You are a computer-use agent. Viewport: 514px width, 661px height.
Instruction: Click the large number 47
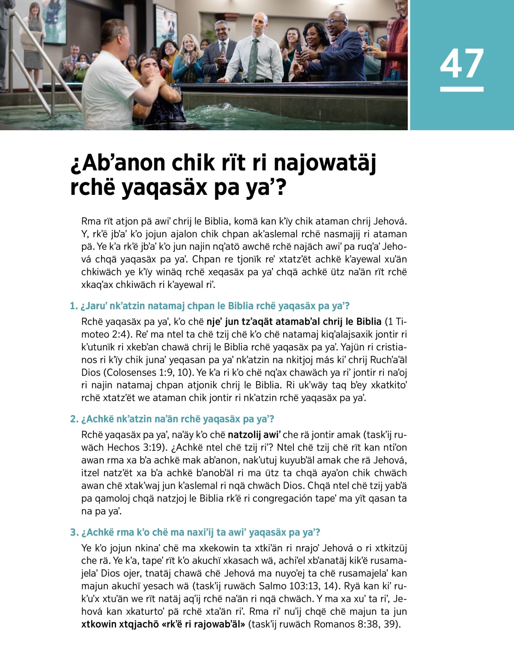point(461,63)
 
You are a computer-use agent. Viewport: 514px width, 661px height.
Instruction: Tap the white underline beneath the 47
point(461,89)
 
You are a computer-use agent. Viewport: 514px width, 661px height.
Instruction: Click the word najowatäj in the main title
point(324,163)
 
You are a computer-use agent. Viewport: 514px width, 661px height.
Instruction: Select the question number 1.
point(73,306)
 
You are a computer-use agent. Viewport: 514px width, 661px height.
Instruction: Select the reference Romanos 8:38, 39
point(356,624)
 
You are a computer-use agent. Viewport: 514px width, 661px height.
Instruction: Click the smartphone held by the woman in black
point(299,48)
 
